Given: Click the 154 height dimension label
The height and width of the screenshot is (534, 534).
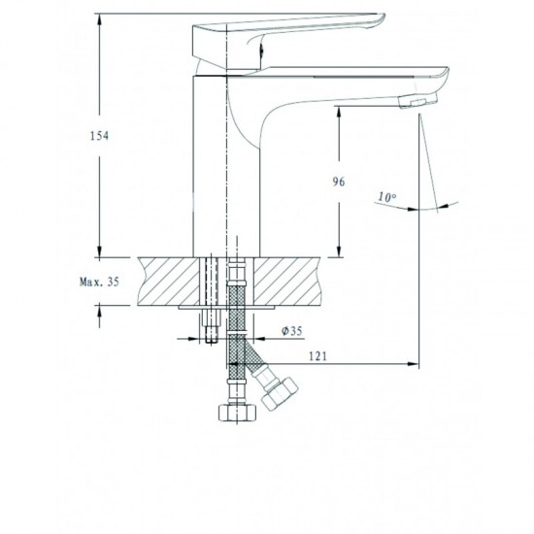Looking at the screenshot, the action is (99, 136).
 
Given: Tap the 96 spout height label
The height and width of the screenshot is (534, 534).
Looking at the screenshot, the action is (339, 182).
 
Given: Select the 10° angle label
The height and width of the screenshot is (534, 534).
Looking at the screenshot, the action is (386, 197).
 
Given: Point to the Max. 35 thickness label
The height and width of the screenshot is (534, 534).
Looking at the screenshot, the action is (99, 282).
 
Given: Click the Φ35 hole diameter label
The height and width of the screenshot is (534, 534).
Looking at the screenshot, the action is (292, 330).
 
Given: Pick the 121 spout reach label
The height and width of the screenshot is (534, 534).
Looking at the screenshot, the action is (317, 356).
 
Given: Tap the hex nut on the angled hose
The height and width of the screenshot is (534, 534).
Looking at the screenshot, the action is (280, 394).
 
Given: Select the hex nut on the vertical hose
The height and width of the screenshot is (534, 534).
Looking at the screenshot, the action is (237, 413).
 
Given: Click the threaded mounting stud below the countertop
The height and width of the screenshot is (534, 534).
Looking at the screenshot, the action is (212, 326).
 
